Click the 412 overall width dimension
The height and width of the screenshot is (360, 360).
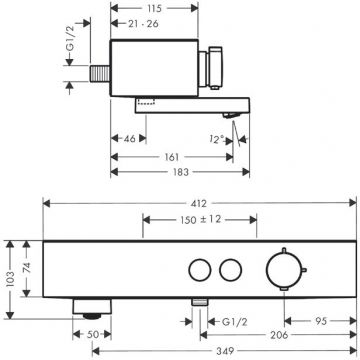(199, 203)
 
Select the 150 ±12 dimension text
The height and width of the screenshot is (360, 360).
(201, 220)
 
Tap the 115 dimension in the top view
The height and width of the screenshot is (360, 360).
(154, 8)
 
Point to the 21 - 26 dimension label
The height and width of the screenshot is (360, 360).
(143, 24)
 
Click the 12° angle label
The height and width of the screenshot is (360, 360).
(218, 139)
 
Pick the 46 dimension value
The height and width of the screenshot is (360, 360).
(129, 139)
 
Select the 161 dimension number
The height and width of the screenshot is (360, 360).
(172, 157)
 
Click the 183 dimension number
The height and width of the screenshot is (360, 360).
(181, 172)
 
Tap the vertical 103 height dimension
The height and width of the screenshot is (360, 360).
(10, 280)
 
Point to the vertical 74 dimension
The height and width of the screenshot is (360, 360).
(27, 268)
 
